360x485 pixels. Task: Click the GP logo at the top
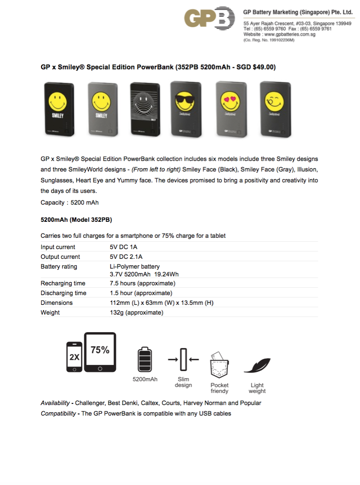pyautogui.click(x=210, y=18)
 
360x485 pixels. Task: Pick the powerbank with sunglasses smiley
pyautogui.click(x=186, y=109)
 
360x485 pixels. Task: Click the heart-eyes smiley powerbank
pyautogui.click(x=231, y=109)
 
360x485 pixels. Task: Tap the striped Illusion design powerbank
pyautogui.click(x=145, y=109)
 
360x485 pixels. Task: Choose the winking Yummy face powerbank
pyautogui.click(x=275, y=109)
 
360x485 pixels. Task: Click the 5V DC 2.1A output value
pyautogui.click(x=126, y=257)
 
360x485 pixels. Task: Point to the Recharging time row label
pyautogui.click(x=63, y=283)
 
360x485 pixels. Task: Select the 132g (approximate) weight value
pyautogui.click(x=136, y=312)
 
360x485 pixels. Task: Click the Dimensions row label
pyautogui.click(x=56, y=303)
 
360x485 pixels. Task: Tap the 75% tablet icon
pyautogui.click(x=100, y=352)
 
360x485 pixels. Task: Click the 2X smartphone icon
pyautogui.click(x=74, y=357)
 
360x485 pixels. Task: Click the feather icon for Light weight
pyautogui.click(x=257, y=365)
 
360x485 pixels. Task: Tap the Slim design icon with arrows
pyautogui.click(x=184, y=359)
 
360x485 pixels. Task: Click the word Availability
pyautogui.click(x=55, y=403)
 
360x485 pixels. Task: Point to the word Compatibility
pyautogui.click(x=58, y=413)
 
